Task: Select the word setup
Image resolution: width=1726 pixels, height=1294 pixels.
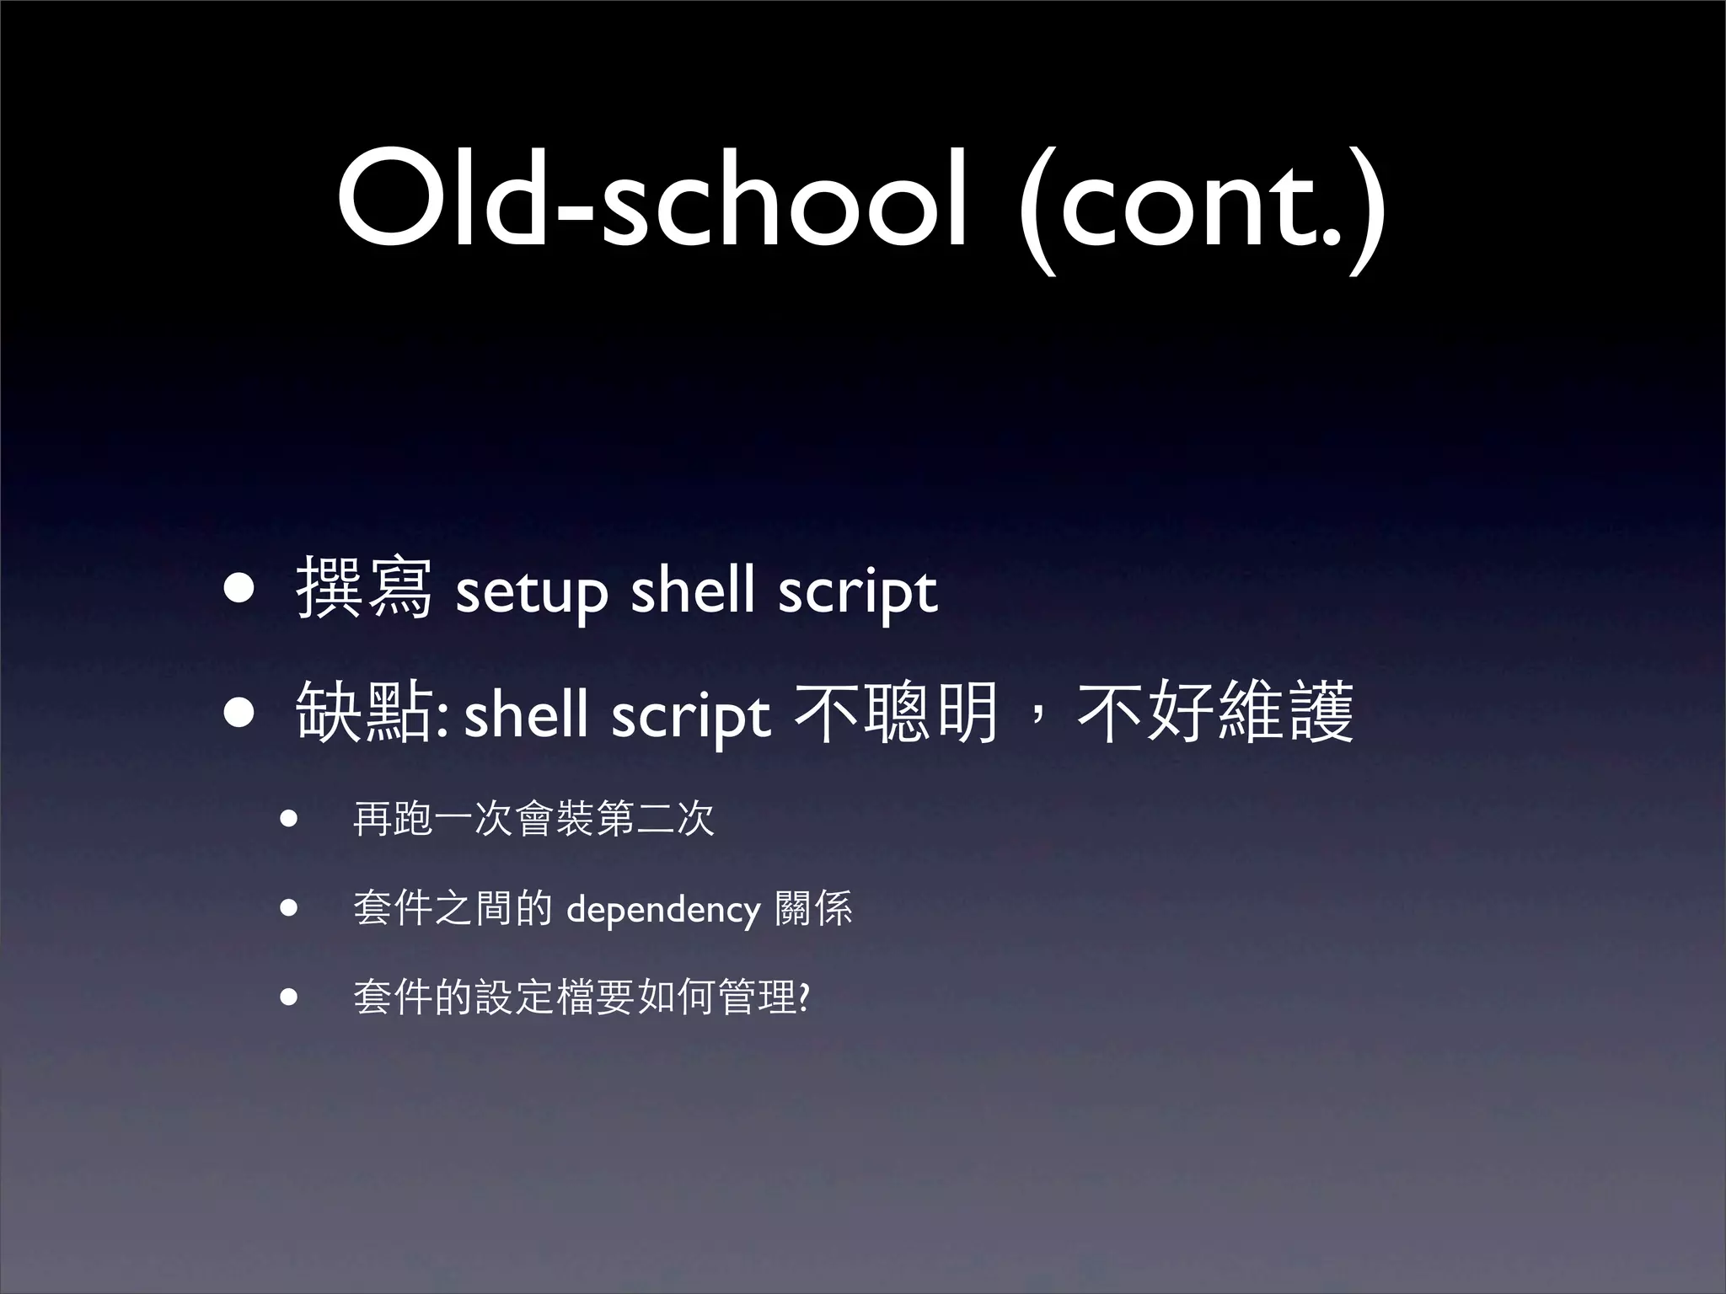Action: pos(530,592)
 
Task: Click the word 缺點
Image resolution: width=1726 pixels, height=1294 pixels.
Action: pos(364,713)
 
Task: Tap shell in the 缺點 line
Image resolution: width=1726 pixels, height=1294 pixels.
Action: pos(526,714)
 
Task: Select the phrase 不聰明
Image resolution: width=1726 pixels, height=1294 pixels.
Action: pos(897,713)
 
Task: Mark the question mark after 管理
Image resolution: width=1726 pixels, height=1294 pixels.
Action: pos(803,998)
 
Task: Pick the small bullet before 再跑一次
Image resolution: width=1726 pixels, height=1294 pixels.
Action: pos(290,819)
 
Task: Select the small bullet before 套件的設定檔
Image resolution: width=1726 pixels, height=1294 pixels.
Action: pos(290,998)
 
